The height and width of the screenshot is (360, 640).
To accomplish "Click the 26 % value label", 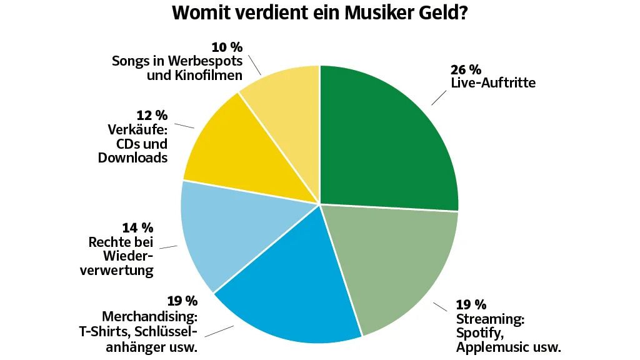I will coord(466,69).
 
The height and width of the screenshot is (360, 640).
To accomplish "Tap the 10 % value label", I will coord(227,47).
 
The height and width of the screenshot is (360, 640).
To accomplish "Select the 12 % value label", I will coord(152,116).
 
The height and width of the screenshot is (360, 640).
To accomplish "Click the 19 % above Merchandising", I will coord(182,302).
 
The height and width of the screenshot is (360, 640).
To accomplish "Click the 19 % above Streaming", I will coord(471,305).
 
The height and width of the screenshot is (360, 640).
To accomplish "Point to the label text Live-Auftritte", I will coord(492,83).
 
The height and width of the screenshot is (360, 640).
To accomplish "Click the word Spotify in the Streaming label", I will coord(477,333).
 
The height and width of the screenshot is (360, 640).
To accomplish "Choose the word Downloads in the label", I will coord(132,158).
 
